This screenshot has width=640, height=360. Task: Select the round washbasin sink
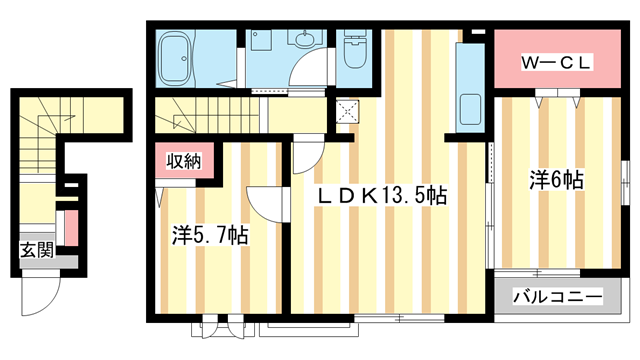tap(304, 41)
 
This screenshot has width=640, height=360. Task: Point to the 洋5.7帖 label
tap(209, 236)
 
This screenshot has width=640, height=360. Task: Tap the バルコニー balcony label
tap(558, 297)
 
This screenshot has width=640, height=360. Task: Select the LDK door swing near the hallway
tap(305, 158)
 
